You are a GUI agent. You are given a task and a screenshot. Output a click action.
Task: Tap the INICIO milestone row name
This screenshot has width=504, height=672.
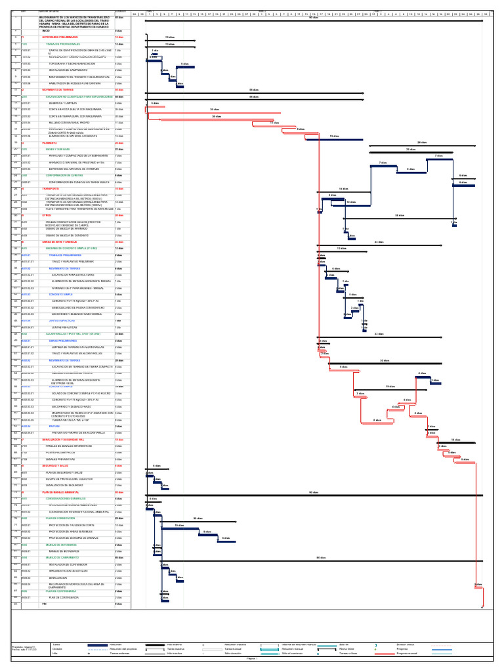point(46,31)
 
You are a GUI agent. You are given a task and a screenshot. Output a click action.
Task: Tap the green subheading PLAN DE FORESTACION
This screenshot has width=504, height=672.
point(60,518)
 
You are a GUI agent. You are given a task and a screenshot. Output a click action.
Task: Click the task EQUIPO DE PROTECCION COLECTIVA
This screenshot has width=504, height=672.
point(72,479)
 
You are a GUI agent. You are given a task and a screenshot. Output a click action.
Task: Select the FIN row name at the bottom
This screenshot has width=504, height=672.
point(45,604)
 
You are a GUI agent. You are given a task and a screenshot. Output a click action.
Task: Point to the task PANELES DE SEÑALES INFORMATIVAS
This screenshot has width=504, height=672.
point(72,446)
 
